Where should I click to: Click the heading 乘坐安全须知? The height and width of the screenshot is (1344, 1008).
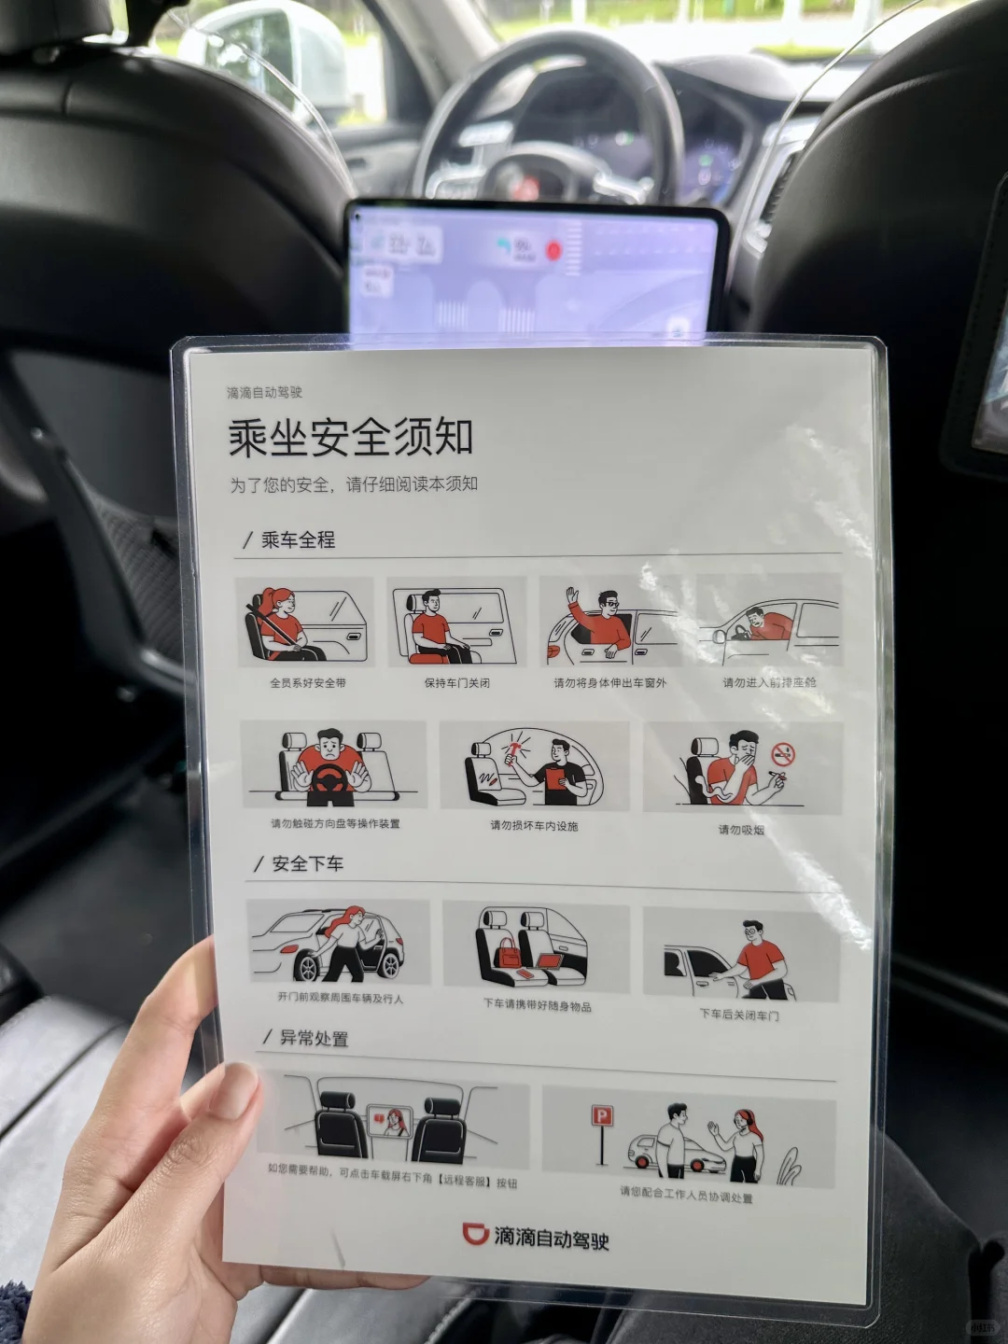(x=351, y=437)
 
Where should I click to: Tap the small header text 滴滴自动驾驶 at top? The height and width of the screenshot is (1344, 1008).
(x=264, y=393)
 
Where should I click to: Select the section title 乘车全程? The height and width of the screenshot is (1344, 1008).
(x=297, y=539)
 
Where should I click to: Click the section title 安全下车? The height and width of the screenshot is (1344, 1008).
(x=307, y=864)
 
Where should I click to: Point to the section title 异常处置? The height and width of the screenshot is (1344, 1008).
(x=314, y=1038)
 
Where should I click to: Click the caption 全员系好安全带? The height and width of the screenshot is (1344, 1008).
(x=308, y=683)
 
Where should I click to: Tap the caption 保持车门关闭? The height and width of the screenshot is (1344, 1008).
(x=456, y=683)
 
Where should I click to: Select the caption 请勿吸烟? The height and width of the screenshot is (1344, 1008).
(x=741, y=829)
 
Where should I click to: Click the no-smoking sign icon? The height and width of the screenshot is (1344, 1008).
(x=783, y=754)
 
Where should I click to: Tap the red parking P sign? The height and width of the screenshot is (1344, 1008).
(x=602, y=1116)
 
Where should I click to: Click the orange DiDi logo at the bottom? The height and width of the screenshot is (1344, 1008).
(x=476, y=1234)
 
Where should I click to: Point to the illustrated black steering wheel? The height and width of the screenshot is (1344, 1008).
(x=330, y=780)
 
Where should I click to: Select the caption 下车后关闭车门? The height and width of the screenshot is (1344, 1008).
(x=739, y=1015)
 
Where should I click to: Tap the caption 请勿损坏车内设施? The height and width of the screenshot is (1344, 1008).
(x=534, y=825)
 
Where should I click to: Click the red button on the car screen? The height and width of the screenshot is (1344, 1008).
(x=553, y=249)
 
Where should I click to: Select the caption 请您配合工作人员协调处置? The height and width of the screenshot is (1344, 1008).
(x=686, y=1195)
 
